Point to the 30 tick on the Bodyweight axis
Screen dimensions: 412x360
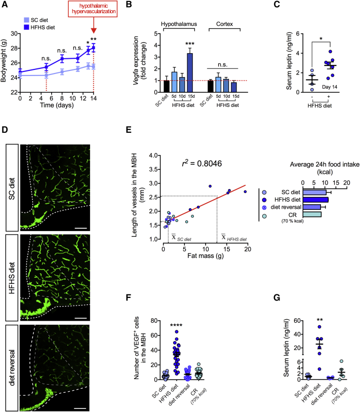14,33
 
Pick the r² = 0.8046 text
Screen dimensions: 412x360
203,164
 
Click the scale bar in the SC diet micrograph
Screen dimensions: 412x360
80,213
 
